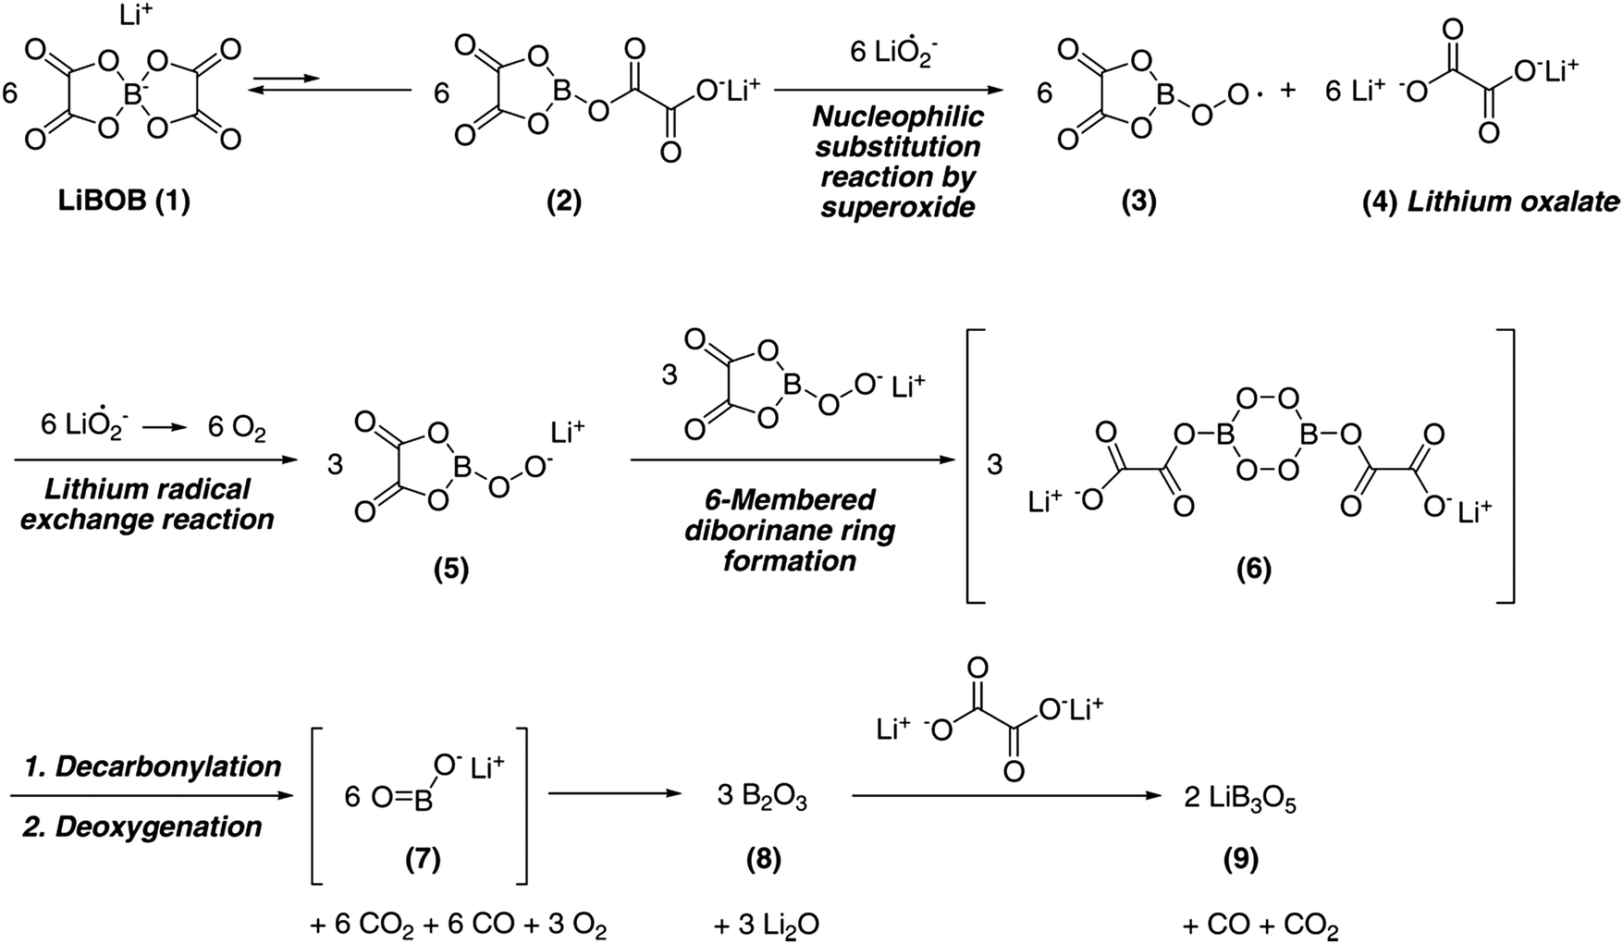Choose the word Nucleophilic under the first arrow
pyautogui.click(x=897, y=118)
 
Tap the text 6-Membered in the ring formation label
pyautogui.click(x=788, y=500)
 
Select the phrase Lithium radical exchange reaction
pyautogui.click(x=148, y=504)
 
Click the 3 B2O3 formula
pyautogui.click(x=763, y=798)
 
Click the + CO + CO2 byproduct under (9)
pyautogui.click(x=1260, y=925)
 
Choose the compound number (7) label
pyautogui.click(x=423, y=860)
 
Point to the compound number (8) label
pyautogui.click(x=764, y=860)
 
